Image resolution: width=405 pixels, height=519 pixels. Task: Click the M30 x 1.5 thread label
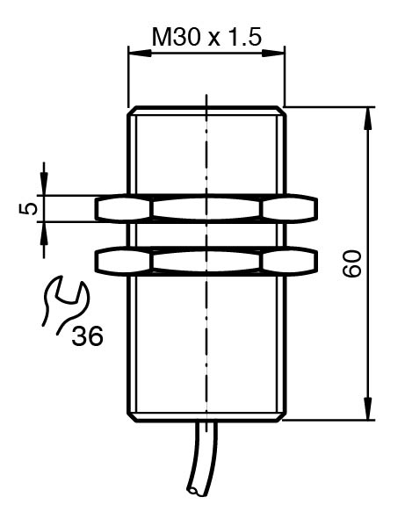(206, 37)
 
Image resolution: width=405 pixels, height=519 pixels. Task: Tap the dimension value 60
(352, 263)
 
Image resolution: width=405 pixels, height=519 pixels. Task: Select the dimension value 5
(28, 209)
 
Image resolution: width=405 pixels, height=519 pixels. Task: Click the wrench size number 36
(88, 336)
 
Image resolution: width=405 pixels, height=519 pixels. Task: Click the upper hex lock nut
(206, 209)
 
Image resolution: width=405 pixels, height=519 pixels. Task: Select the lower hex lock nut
(206, 262)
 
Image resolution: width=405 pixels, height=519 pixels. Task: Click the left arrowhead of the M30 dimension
(140, 53)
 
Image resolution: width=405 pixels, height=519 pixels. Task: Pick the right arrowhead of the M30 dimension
(273, 53)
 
